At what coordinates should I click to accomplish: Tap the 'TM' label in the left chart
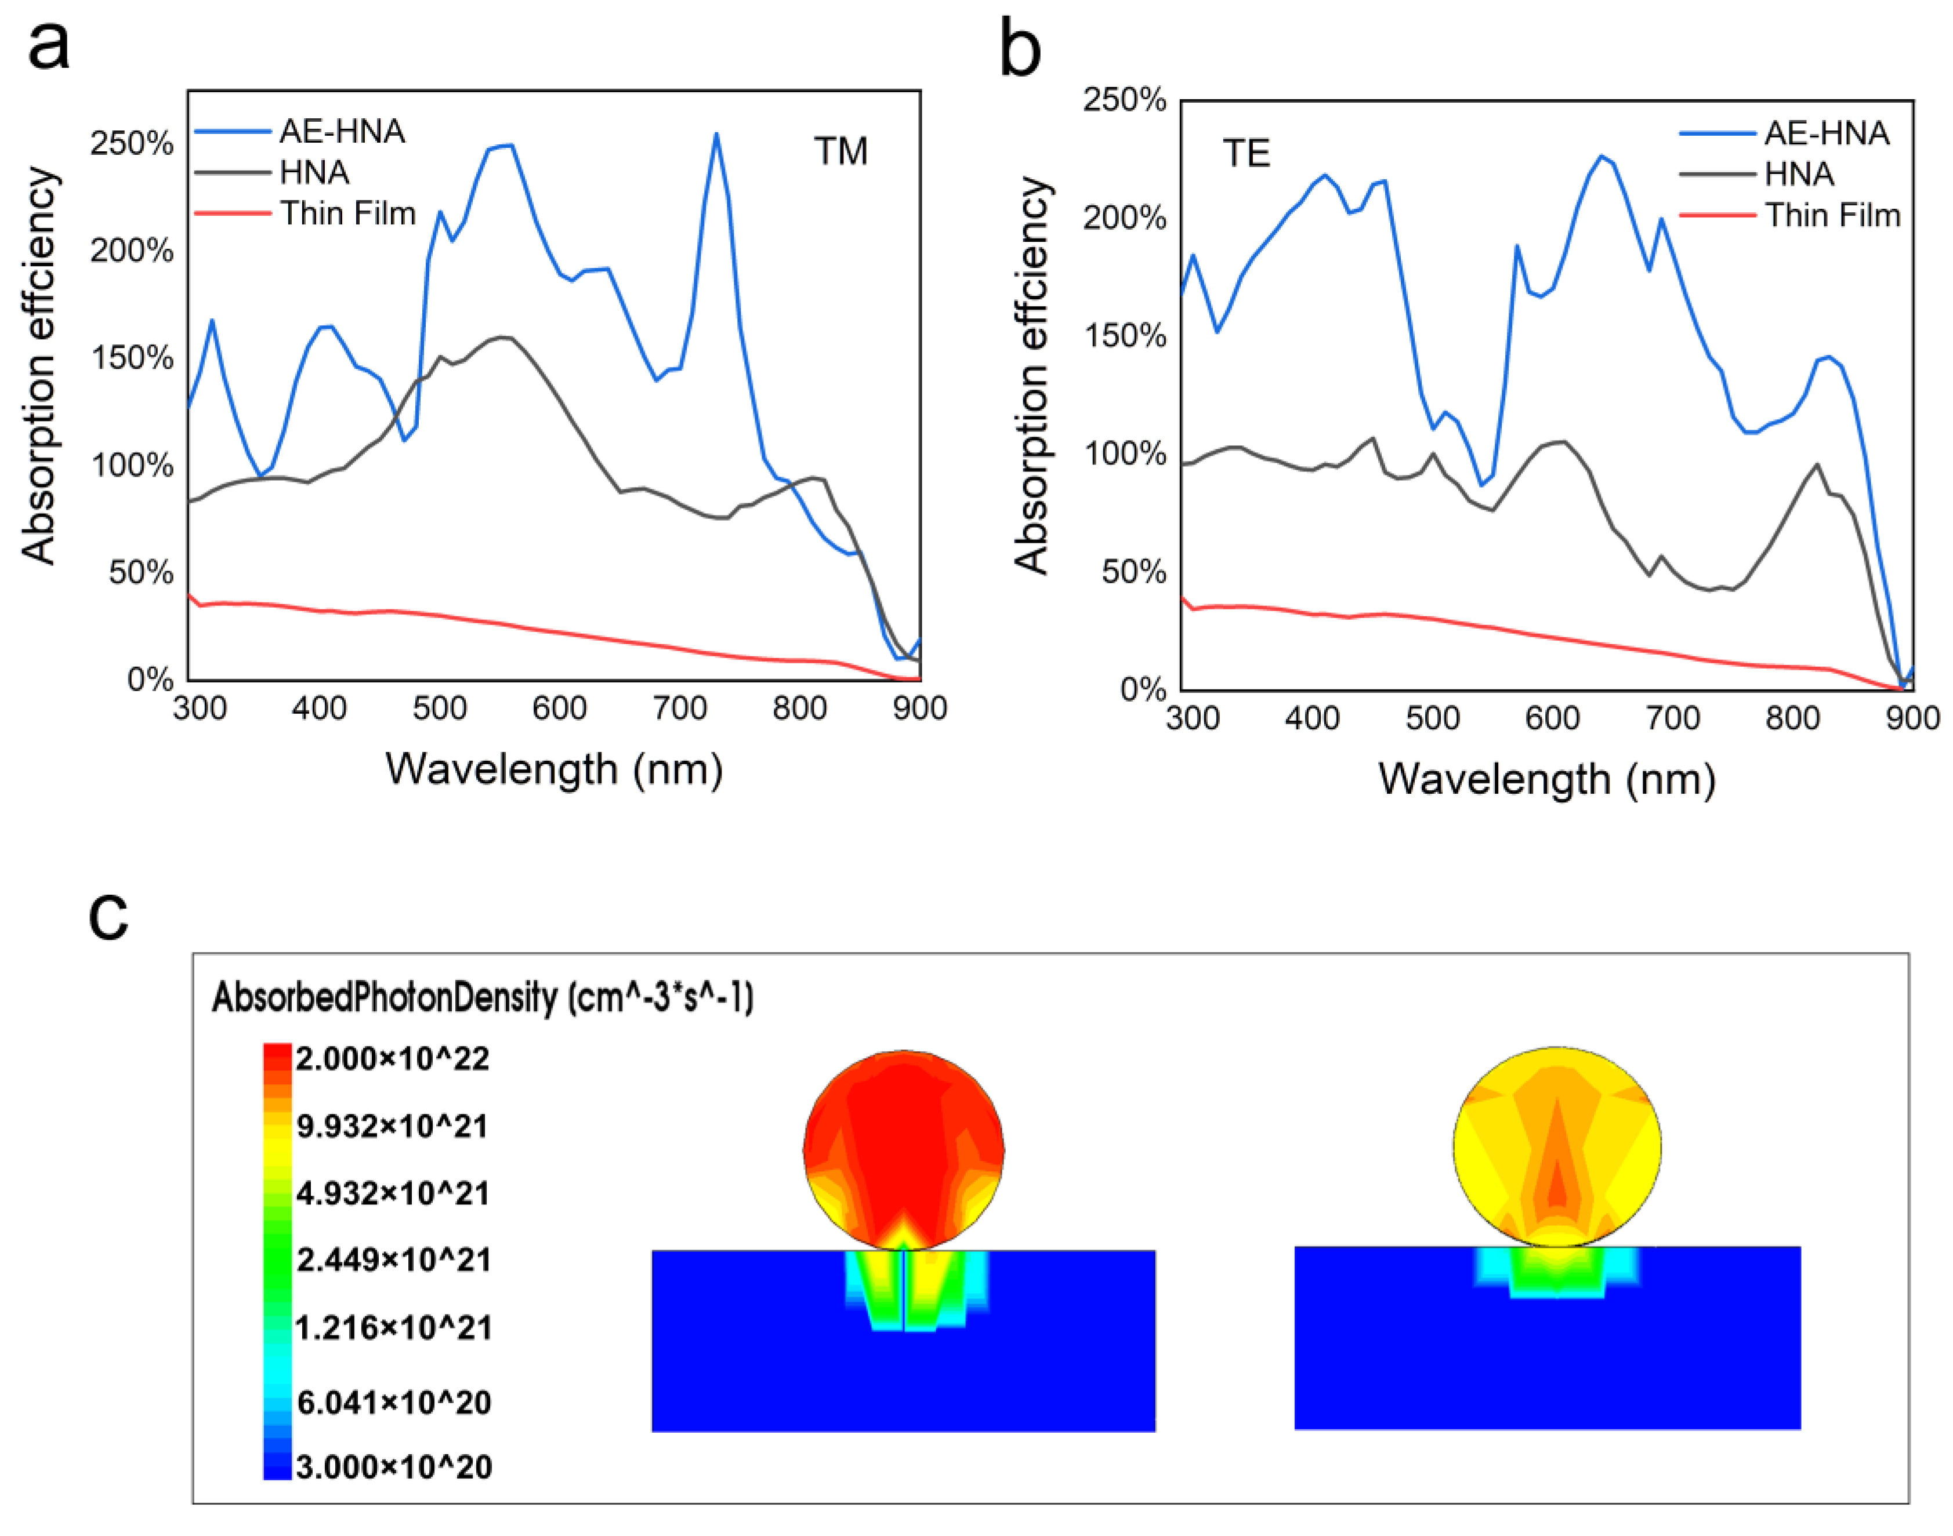coord(840,151)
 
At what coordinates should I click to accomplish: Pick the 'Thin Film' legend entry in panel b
coord(1832,216)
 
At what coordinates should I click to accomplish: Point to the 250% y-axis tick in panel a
coord(131,144)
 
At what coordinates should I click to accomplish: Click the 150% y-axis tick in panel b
coord(1125,336)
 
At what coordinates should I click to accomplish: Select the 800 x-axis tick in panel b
coord(1791,718)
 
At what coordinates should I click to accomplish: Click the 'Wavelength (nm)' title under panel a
coord(554,770)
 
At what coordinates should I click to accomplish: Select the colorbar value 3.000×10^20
coord(394,1468)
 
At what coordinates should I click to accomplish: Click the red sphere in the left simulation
coord(903,1142)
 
